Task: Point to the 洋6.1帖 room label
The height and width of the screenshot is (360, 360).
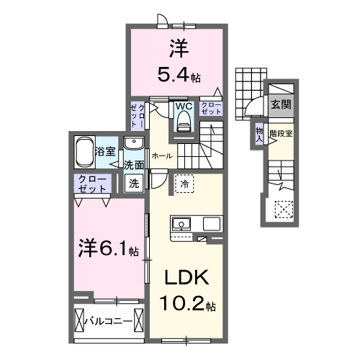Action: pyautogui.click(x=108, y=249)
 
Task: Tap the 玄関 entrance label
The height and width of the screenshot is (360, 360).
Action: pyautogui.click(x=281, y=104)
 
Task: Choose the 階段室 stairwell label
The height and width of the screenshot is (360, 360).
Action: pyautogui.click(x=281, y=133)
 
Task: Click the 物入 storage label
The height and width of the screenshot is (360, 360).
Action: pyautogui.click(x=259, y=134)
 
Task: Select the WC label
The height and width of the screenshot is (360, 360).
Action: pyautogui.click(x=183, y=107)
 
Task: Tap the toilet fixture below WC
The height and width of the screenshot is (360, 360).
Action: pyautogui.click(x=183, y=124)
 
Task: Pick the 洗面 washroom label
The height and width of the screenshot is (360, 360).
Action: pyautogui.click(x=134, y=165)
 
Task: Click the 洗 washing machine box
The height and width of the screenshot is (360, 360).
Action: pyautogui.click(x=135, y=183)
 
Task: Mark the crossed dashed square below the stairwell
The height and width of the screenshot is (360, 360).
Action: pyautogui.click(x=284, y=210)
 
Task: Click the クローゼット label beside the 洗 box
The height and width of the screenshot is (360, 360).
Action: pyautogui.click(x=94, y=183)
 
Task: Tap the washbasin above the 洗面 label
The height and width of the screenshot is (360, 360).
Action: pyautogui.click(x=134, y=145)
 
